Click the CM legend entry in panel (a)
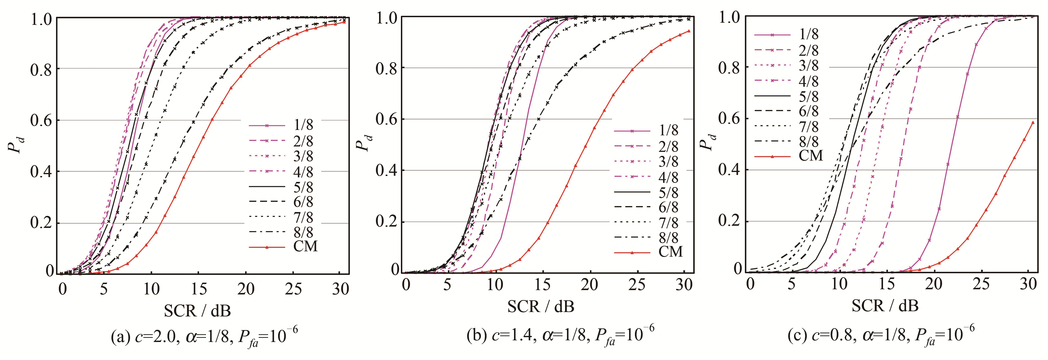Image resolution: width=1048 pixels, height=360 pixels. pos(305,246)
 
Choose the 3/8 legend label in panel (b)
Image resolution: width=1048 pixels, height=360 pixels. pos(668,162)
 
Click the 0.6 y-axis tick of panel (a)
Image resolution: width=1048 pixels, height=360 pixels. pos(42,120)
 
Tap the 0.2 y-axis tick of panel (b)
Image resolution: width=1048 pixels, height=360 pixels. pos(387,222)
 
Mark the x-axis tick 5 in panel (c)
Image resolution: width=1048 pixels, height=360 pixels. pos(791,285)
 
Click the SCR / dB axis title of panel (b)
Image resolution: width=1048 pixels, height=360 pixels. pos(541,306)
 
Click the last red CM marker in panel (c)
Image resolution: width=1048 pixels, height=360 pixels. pos(1033,122)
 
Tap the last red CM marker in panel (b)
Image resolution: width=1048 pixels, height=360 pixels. pos(689,31)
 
